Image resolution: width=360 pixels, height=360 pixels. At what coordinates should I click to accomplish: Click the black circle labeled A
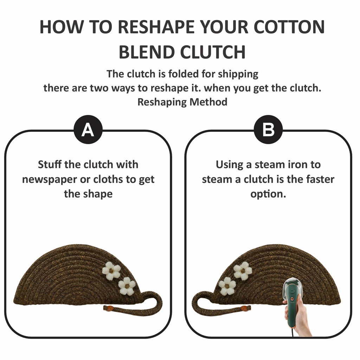coord(88,129)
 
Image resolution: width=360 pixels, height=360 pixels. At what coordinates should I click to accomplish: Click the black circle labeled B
coord(268,129)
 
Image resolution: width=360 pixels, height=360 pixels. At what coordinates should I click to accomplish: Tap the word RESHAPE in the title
coord(156,27)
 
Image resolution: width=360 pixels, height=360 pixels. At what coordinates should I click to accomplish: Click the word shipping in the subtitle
coord(238,75)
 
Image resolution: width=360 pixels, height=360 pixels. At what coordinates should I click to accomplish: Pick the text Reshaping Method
coord(182,102)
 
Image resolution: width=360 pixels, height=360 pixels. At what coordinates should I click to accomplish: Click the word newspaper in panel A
coord(49,180)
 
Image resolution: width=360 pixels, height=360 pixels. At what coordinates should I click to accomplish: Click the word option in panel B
coord(268,194)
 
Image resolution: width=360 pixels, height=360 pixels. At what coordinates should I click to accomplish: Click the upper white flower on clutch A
coord(111,271)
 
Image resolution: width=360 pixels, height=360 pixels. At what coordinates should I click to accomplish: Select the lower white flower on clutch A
coord(127,286)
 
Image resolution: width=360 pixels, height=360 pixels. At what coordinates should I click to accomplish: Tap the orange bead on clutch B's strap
coord(245,308)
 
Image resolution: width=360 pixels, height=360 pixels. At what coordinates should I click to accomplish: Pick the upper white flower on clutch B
coord(243,271)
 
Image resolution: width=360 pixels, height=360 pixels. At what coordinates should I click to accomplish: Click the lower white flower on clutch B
coord(227,286)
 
